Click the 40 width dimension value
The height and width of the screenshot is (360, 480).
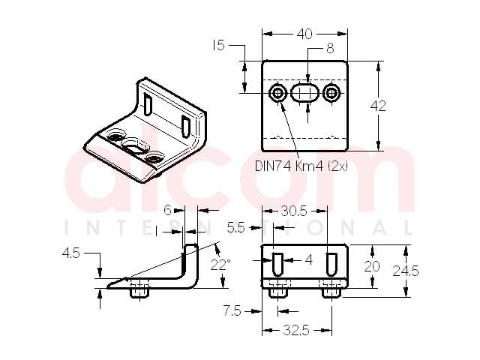pos(304,34)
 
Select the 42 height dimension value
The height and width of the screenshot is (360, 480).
pos(378,106)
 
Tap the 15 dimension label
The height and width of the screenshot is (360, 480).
pos(218,46)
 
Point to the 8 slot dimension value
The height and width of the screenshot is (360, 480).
pos(330,48)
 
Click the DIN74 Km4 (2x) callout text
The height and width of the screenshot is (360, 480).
pos(301,166)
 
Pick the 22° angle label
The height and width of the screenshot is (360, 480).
pos(220,265)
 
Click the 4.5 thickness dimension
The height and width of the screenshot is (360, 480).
pos(71,253)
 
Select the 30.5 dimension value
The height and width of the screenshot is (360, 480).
pos(294,211)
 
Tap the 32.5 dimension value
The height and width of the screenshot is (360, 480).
pos(296,330)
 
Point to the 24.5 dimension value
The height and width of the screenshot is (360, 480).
pos(406,271)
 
